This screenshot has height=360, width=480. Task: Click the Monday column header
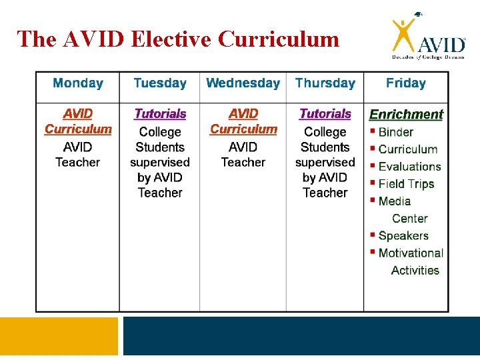78,83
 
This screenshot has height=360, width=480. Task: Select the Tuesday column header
160,83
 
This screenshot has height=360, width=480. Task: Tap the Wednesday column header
243,83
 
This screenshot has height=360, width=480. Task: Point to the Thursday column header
325,83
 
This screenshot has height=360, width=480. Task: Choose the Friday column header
405,83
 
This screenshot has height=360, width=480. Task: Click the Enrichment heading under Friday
406,115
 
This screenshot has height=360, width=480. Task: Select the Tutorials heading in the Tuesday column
160,114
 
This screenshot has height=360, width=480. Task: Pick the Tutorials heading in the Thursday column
325,114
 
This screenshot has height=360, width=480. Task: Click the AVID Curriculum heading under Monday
78,121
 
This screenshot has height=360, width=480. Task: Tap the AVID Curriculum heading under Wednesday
243,121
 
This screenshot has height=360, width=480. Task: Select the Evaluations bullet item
409,167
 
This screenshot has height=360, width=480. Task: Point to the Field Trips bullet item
406,184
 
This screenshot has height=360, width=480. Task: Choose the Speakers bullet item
403,236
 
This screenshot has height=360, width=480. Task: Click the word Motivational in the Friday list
411,253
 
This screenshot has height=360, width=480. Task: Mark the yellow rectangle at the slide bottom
59,336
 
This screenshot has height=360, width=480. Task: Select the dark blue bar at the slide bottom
301,336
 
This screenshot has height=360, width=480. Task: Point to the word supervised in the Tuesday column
160,162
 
